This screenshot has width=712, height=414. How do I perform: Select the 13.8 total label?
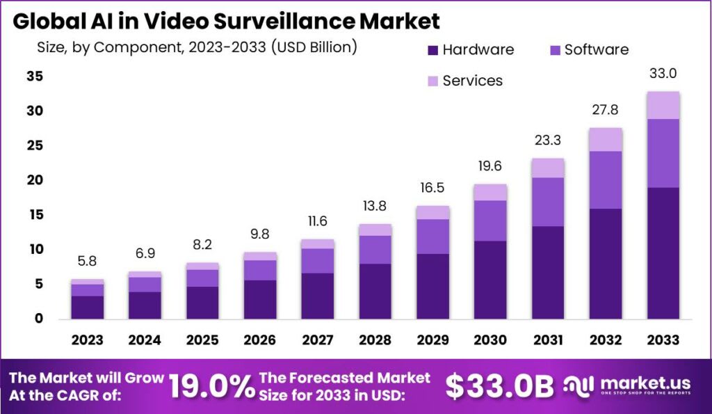pyautogui.click(x=375, y=207)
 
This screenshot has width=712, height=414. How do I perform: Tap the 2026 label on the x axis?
pyautogui.click(x=260, y=340)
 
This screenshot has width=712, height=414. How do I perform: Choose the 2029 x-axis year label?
pyautogui.click(x=432, y=340)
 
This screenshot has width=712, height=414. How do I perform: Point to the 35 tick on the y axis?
pyautogui.click(x=35, y=77)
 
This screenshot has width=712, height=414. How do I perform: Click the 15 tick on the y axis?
pyautogui.click(x=35, y=215)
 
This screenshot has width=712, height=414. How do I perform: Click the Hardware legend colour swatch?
pyautogui.click(x=432, y=50)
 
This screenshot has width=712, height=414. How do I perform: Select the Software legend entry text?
pyautogui.click(x=596, y=50)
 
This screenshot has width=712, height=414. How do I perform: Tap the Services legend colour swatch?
pyautogui.click(x=432, y=81)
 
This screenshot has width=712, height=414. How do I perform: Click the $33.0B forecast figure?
pyautogui.click(x=499, y=388)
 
